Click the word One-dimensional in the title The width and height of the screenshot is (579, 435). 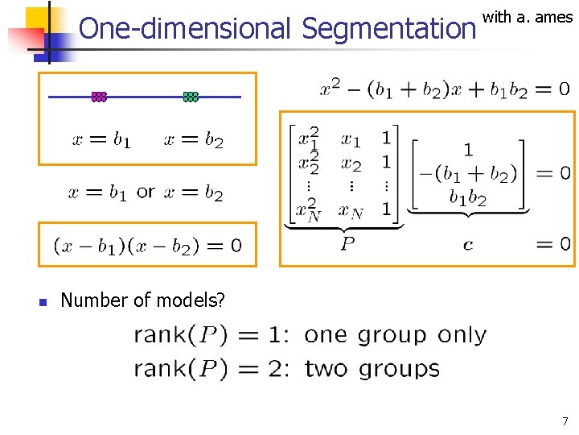click(x=186, y=29)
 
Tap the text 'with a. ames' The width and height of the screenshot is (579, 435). click(x=528, y=17)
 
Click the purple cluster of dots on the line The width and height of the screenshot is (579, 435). click(x=99, y=97)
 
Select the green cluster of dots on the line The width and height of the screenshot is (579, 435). click(x=191, y=97)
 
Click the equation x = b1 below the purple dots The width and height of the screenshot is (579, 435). click(x=101, y=141)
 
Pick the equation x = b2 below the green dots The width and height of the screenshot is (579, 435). click(x=193, y=141)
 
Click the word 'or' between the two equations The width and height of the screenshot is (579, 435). click(x=146, y=192)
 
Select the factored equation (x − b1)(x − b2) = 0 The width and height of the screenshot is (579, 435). click(x=147, y=245)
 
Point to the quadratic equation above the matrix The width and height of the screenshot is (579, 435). click(x=445, y=89)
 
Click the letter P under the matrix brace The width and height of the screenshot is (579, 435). click(x=347, y=243)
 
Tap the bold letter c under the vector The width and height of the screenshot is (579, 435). click(x=467, y=244)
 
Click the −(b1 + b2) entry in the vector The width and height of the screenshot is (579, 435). click(x=468, y=173)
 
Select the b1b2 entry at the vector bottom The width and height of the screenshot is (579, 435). click(x=468, y=197)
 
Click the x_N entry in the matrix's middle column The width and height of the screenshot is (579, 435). click(x=352, y=211)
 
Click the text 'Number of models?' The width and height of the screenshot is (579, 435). click(x=143, y=300)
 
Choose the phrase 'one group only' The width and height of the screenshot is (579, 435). click(x=396, y=334)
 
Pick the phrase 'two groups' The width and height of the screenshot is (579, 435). click(x=372, y=369)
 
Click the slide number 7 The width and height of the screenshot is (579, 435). click(x=565, y=420)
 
